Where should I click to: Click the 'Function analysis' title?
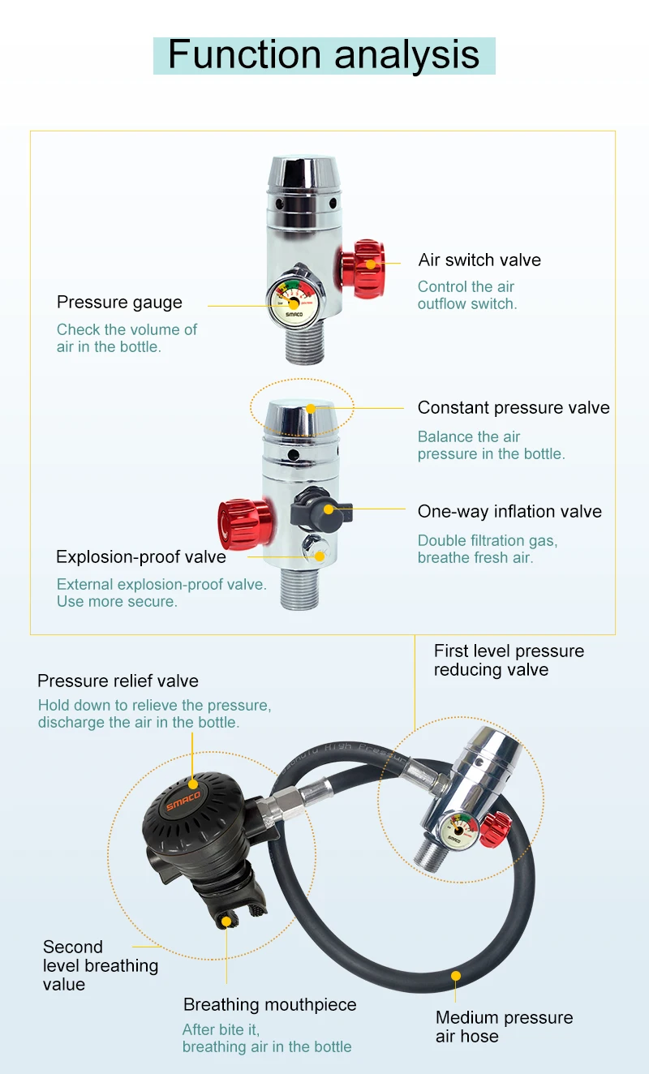click(324, 55)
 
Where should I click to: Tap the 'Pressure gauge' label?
click(119, 303)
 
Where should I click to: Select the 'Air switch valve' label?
click(479, 260)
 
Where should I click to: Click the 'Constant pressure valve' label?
click(514, 408)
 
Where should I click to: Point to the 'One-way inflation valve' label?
click(509, 512)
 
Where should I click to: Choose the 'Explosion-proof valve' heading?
click(140, 557)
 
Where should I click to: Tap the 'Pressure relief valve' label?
click(118, 681)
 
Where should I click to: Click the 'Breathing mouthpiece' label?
click(269, 1005)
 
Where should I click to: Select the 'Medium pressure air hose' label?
click(503, 1027)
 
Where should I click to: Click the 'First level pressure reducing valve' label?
click(508, 660)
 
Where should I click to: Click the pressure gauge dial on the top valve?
click(292, 303)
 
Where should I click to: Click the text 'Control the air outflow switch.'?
click(466, 295)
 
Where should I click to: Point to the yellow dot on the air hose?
click(456, 975)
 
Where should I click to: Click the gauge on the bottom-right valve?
click(458, 831)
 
